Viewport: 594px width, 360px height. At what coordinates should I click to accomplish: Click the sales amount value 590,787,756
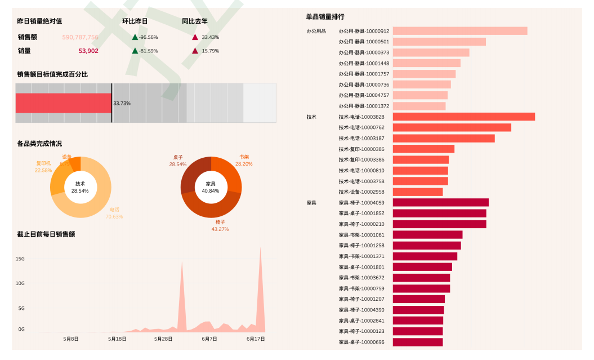[80, 37]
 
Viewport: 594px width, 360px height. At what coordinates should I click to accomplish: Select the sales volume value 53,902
[88, 51]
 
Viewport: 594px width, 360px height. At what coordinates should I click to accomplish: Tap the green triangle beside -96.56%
[135, 37]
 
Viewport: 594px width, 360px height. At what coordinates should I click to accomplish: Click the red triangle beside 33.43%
[195, 37]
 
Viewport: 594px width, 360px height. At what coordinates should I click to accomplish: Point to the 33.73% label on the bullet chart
[122, 103]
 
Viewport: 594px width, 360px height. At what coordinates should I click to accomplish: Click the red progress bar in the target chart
[63, 103]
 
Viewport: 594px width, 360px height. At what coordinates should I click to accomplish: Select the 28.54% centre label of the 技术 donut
[81, 191]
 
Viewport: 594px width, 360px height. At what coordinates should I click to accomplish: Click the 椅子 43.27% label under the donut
[220, 225]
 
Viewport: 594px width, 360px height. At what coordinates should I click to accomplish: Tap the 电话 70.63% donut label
[114, 213]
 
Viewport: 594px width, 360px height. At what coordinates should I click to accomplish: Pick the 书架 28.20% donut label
[244, 161]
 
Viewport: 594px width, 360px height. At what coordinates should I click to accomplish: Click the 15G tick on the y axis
[20, 259]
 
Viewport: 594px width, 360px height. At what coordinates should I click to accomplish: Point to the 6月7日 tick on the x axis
[209, 339]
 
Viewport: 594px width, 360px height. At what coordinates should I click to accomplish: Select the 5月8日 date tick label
[71, 339]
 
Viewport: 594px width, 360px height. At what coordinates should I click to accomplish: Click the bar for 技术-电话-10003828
[463, 117]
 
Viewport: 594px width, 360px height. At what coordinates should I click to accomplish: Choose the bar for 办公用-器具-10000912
[459, 31]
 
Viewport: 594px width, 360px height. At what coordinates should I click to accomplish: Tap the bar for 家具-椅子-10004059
[440, 202]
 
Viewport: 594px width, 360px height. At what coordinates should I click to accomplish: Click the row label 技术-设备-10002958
[361, 192]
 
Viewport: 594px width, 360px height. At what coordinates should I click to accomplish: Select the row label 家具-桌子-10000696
[361, 342]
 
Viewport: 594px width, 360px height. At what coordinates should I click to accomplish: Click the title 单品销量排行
[325, 17]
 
